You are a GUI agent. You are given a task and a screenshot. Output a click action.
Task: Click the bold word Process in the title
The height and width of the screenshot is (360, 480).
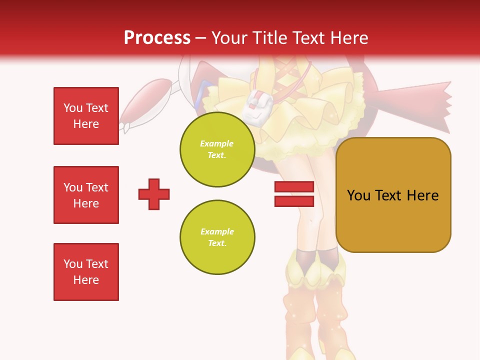pos(157,37)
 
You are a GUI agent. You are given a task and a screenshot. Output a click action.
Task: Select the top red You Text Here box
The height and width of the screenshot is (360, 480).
pos(86,116)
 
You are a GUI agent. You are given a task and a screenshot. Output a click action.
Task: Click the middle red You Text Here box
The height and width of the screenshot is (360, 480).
pos(86,195)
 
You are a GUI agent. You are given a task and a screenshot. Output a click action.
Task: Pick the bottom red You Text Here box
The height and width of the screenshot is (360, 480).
pos(86,272)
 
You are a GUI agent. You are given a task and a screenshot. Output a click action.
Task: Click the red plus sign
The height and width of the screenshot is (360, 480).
pos(154,194)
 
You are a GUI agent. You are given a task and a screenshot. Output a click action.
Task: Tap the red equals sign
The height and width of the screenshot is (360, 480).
pos(294,194)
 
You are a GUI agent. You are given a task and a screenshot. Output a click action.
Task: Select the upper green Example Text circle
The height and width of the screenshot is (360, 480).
pos(217,149)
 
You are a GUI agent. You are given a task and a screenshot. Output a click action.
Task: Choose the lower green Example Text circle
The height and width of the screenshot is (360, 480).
pos(217,237)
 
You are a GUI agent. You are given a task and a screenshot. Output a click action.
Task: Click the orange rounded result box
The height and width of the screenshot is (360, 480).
pos(393,195)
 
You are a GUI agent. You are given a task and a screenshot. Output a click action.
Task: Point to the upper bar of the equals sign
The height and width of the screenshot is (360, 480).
pos(294,187)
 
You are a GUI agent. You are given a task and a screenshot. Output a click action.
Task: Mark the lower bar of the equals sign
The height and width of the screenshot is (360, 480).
pos(294,201)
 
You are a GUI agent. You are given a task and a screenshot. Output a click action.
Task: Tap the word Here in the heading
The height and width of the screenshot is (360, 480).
pos(349,37)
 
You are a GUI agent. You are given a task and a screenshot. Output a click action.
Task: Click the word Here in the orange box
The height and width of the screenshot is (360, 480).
pos(422,195)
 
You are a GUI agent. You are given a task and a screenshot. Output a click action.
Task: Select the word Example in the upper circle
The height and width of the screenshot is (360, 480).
pos(217,143)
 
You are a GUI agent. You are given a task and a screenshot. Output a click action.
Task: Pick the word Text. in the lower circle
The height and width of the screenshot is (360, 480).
pos(217,243)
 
